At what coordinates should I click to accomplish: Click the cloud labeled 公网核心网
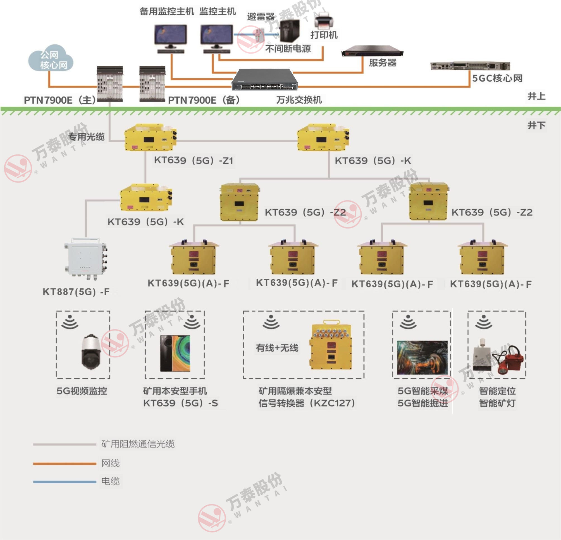(51, 58)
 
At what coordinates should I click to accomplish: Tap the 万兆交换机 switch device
(264, 80)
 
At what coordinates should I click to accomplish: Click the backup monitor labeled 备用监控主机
(171, 37)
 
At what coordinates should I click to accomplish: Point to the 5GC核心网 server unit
(470, 66)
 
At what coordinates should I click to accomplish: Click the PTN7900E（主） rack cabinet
(110, 84)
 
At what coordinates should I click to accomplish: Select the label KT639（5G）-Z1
(194, 160)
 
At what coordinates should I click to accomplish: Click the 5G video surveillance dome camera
(91, 352)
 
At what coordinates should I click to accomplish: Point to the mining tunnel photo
(422, 358)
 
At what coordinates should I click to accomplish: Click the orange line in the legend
(65, 463)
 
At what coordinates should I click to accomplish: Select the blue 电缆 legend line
(65, 482)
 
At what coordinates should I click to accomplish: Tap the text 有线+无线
(277, 348)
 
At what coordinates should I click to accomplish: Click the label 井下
(536, 125)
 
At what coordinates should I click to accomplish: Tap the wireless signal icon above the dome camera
(70, 322)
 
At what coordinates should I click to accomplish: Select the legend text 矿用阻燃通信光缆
(138, 444)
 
